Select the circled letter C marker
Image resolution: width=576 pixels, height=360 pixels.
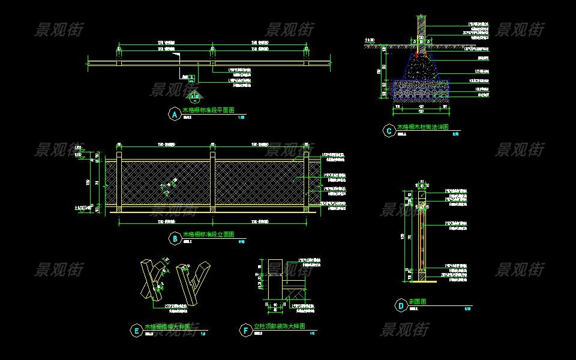[389, 130]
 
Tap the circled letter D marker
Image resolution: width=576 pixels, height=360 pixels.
[401, 306]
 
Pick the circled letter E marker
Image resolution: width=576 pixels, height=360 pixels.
[136, 329]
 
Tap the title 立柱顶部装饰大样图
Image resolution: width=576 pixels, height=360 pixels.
[280, 326]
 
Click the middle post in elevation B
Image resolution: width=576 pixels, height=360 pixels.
[212, 183]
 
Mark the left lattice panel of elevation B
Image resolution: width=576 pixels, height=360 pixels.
[166, 183]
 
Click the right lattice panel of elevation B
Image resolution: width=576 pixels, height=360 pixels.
[259, 183]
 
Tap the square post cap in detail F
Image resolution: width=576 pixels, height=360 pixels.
[275, 268]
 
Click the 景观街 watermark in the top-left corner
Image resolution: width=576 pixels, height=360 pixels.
[58, 29]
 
